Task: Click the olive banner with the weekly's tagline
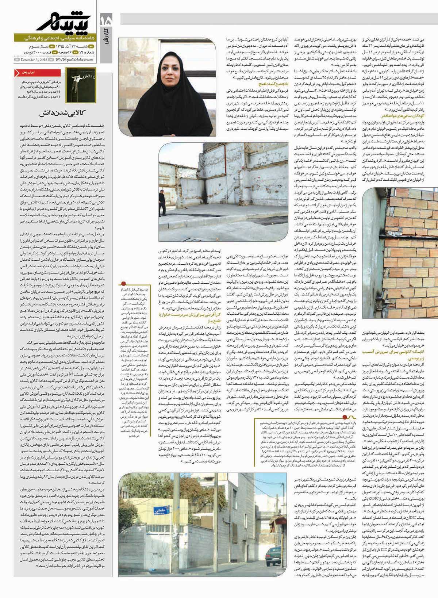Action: tap(55, 38)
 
